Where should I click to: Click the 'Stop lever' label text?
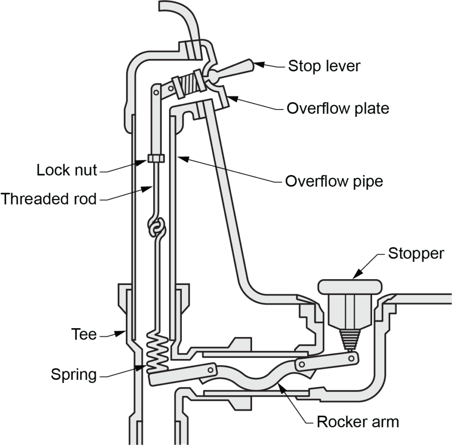[x=324, y=66]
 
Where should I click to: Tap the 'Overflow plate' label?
[x=338, y=108]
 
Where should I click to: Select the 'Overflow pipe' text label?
[x=334, y=181]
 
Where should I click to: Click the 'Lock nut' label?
[x=67, y=170]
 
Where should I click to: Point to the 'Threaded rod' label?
[x=49, y=199]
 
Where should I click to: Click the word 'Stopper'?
[x=415, y=254]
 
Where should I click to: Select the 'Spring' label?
[x=74, y=375]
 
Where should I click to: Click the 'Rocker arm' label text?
[x=358, y=422]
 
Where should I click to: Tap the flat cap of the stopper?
[x=350, y=286]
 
